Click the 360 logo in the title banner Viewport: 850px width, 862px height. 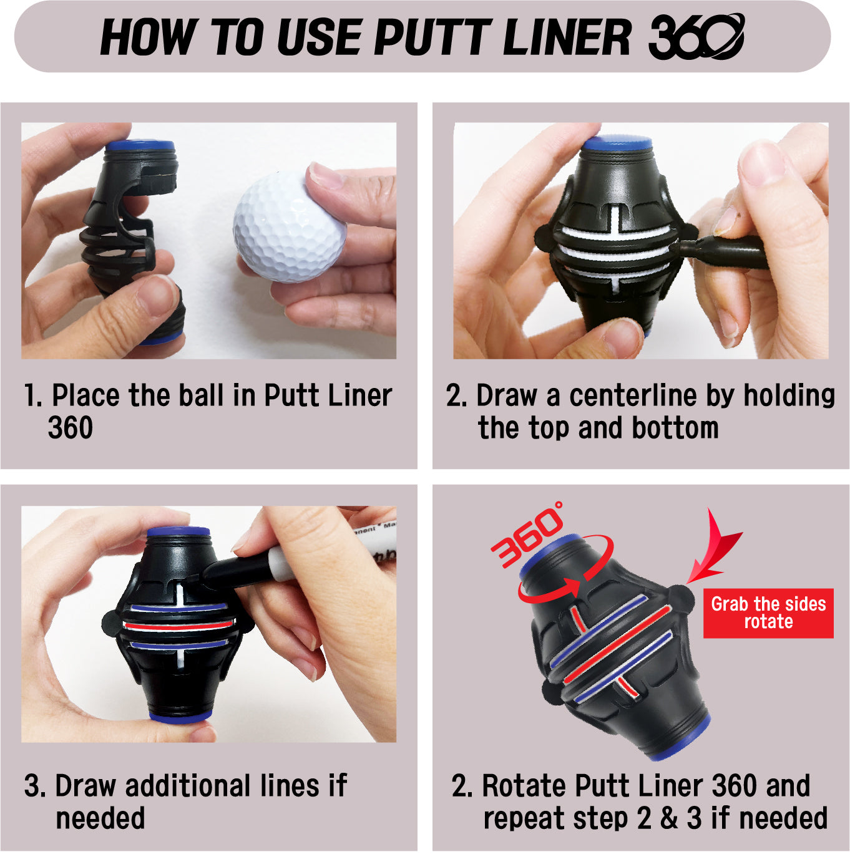tap(696, 37)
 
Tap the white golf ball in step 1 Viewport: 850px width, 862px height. tap(289, 228)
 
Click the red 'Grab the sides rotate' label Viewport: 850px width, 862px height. tap(768, 613)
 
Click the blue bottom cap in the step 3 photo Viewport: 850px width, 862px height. tap(180, 717)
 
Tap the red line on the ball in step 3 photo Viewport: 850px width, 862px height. tap(178, 624)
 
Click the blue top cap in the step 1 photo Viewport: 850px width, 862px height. tap(139, 145)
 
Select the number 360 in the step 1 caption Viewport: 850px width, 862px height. tap(71, 428)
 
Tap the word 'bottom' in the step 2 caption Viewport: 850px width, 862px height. tap(675, 428)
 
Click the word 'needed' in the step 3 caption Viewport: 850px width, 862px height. tap(100, 818)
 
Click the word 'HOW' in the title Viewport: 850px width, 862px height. tap(148, 37)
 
